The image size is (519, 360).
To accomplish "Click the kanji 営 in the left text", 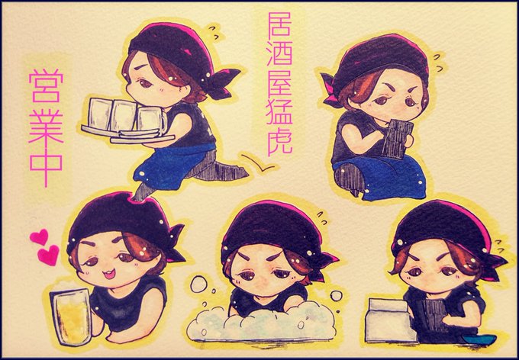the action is click(x=46, y=86).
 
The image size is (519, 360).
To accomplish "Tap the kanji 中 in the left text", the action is click(x=46, y=166).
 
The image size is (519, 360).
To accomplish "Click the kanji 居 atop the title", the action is click(x=279, y=24).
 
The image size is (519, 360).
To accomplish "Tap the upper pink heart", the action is click(x=39, y=237).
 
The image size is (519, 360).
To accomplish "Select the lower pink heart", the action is click(x=48, y=255).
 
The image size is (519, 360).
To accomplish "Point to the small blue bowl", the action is click(x=479, y=339).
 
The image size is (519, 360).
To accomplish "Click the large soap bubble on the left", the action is click(x=198, y=284).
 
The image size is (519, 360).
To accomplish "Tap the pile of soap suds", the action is click(x=261, y=323).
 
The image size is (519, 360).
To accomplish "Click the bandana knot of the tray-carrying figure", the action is click(x=223, y=83).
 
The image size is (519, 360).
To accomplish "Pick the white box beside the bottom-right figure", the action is click(x=390, y=320).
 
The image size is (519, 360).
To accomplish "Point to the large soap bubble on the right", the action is click(x=337, y=295).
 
